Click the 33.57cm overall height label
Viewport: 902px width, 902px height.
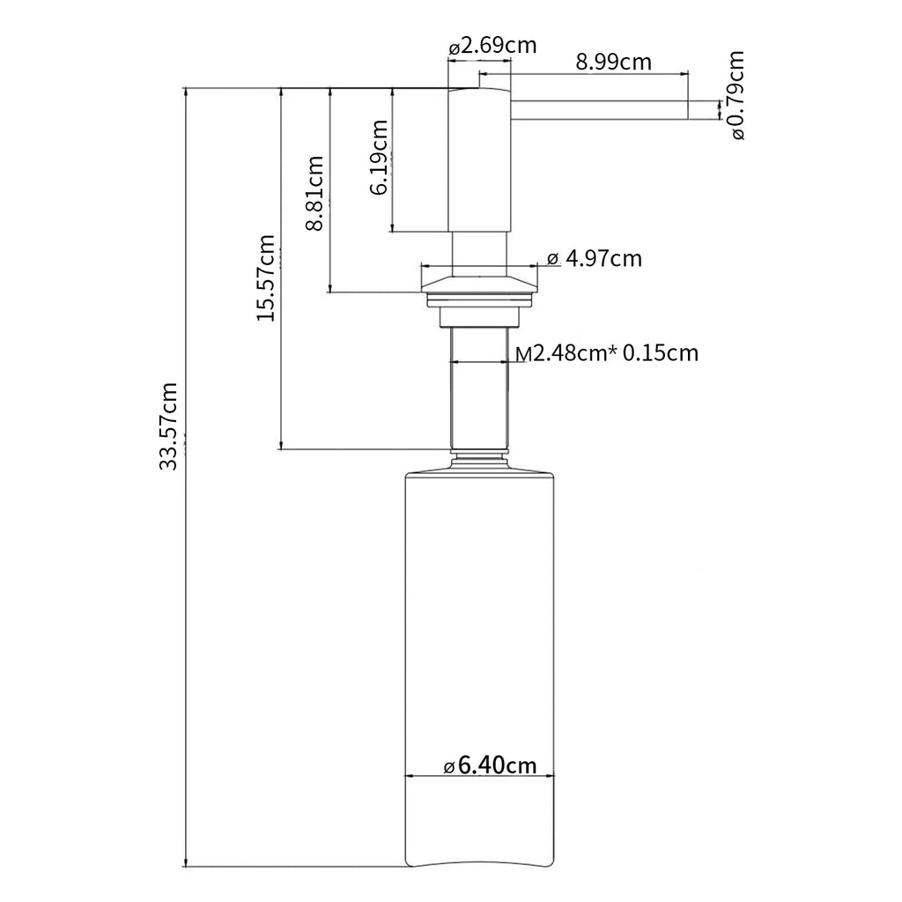coord(168,425)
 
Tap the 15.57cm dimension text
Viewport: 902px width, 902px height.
coord(266,277)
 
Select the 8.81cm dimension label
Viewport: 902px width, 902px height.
coord(314,193)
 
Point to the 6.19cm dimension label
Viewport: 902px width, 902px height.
coord(378,157)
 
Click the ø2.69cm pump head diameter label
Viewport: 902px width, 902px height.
coord(492,46)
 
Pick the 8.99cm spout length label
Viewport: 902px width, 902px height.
coord(614,62)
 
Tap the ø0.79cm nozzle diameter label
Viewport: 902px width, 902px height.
coord(736,95)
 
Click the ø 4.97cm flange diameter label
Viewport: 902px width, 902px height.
coord(595,259)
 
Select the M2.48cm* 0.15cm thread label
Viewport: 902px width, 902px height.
coord(607,352)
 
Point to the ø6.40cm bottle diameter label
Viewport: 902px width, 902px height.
coord(490,765)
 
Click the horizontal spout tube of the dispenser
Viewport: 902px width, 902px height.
coord(599,110)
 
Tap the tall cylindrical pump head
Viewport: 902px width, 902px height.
coord(479,160)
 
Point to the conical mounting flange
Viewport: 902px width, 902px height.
coord(480,284)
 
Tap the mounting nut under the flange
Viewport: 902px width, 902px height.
coord(480,317)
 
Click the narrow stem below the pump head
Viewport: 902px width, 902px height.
coord(479,255)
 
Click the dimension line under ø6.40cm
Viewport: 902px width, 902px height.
coord(480,775)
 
